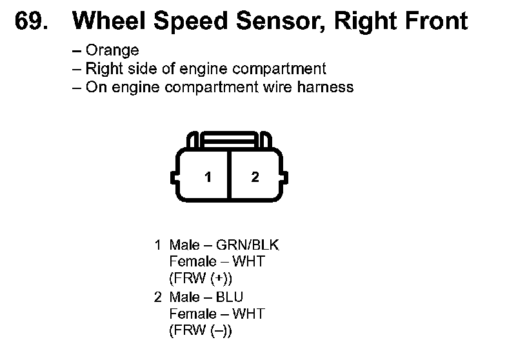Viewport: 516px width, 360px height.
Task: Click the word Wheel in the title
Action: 109,21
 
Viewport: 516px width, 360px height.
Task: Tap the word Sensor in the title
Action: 281,21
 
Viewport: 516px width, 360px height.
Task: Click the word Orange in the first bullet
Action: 112,50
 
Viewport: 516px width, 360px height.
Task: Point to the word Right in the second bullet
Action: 104,69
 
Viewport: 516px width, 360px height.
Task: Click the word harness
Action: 325,87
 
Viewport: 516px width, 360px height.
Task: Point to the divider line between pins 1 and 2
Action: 230,175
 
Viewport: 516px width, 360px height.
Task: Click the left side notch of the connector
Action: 174,177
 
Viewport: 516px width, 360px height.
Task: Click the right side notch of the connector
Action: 285,177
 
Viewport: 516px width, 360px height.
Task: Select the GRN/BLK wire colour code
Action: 248,245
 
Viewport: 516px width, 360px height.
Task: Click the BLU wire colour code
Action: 230,297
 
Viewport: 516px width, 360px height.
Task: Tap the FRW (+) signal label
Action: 201,279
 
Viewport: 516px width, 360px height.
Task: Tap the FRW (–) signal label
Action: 201,330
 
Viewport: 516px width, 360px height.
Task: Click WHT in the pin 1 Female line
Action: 248,261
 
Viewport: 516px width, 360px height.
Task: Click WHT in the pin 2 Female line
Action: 248,314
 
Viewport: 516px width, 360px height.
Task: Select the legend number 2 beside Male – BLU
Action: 158,297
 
